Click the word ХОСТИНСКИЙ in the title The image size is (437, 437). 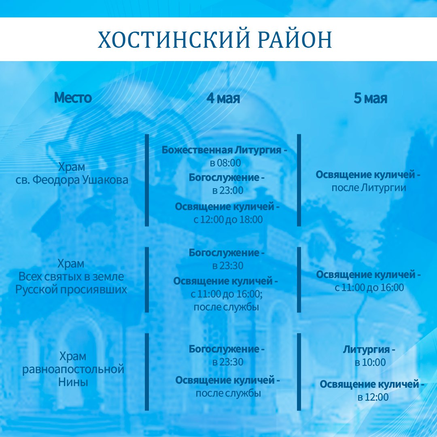click(173, 39)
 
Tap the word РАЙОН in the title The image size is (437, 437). click(295, 39)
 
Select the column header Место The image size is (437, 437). click(73, 98)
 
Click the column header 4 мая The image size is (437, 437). click(223, 98)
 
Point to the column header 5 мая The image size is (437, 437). click(371, 98)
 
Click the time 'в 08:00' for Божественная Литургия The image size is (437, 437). click(225, 163)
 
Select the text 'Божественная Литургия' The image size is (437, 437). click(222, 150)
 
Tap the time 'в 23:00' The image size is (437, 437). click(228, 190)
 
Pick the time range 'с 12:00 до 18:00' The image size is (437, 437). click(228, 220)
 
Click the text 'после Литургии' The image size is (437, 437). click(369, 188)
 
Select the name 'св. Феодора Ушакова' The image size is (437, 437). click(72, 180)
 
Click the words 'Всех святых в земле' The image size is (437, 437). click(71, 276)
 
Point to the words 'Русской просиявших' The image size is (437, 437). click(71, 290)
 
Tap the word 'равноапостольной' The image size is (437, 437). click(73, 369)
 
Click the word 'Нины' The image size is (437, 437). click(73, 382)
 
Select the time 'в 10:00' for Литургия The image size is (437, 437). click(370, 362)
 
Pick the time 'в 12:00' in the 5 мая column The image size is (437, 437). click(373, 397)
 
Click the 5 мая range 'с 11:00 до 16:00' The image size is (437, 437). click(369, 287)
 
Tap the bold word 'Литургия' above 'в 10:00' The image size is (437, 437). click(367, 350)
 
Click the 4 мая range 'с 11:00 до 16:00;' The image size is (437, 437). click(227, 294)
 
